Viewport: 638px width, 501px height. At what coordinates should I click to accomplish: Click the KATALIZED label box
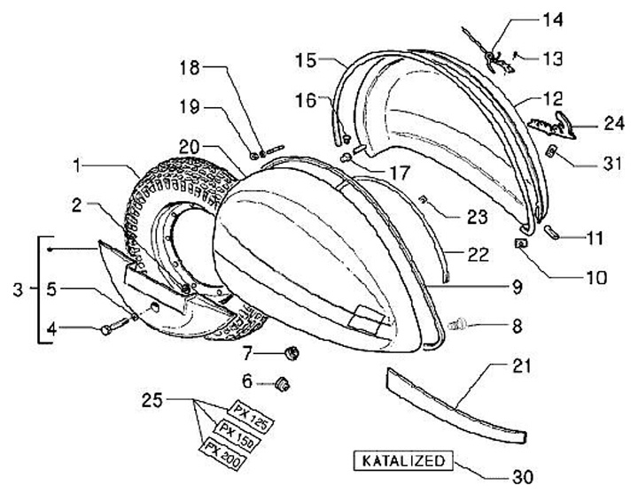402,461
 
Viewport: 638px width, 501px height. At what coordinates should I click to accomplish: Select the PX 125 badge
251,412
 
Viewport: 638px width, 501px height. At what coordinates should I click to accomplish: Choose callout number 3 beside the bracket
19,289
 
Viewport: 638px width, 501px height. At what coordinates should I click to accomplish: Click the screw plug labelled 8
460,324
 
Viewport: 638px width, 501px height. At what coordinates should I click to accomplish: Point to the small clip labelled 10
520,243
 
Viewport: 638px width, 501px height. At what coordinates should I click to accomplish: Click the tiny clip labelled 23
424,201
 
